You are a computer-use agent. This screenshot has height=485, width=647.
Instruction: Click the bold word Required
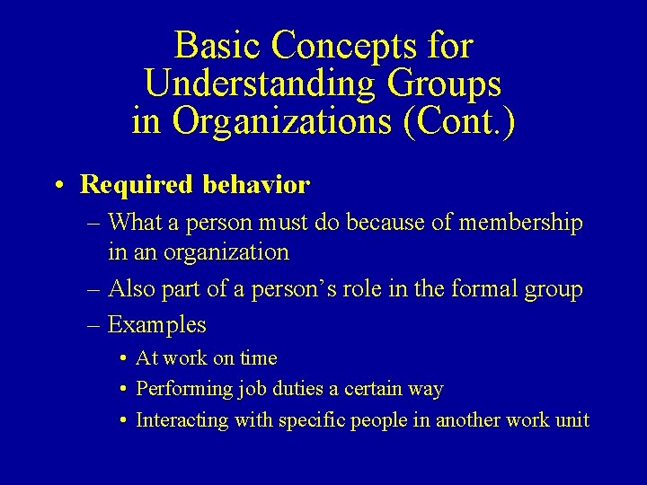pos(137,185)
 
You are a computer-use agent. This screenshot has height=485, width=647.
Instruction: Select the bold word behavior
pos(256,185)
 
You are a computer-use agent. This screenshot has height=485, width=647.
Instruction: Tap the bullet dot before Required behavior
pos(58,186)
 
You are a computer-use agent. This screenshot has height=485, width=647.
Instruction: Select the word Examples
pos(157,324)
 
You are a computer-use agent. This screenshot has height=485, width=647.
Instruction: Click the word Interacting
pos(182,420)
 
